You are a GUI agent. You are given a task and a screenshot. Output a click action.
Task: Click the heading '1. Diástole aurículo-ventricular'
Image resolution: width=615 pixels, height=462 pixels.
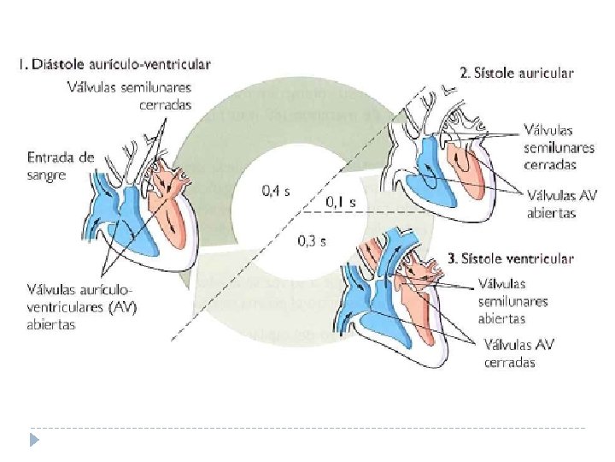pos(113,63)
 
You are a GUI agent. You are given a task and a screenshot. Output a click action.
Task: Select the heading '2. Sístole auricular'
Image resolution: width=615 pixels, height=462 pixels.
pos(517,73)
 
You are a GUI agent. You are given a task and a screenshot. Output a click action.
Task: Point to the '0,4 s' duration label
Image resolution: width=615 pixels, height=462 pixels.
pos(274,191)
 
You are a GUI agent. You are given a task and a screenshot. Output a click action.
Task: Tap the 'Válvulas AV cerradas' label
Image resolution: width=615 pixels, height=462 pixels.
pos(521,354)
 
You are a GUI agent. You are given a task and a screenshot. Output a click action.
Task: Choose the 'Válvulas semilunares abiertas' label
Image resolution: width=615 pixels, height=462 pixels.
pos(513,300)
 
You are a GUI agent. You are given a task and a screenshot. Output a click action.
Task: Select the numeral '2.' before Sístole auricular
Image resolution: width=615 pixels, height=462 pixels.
pos(466,73)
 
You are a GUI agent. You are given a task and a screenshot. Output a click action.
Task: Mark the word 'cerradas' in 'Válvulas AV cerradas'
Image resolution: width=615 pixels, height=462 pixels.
pos(509,362)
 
